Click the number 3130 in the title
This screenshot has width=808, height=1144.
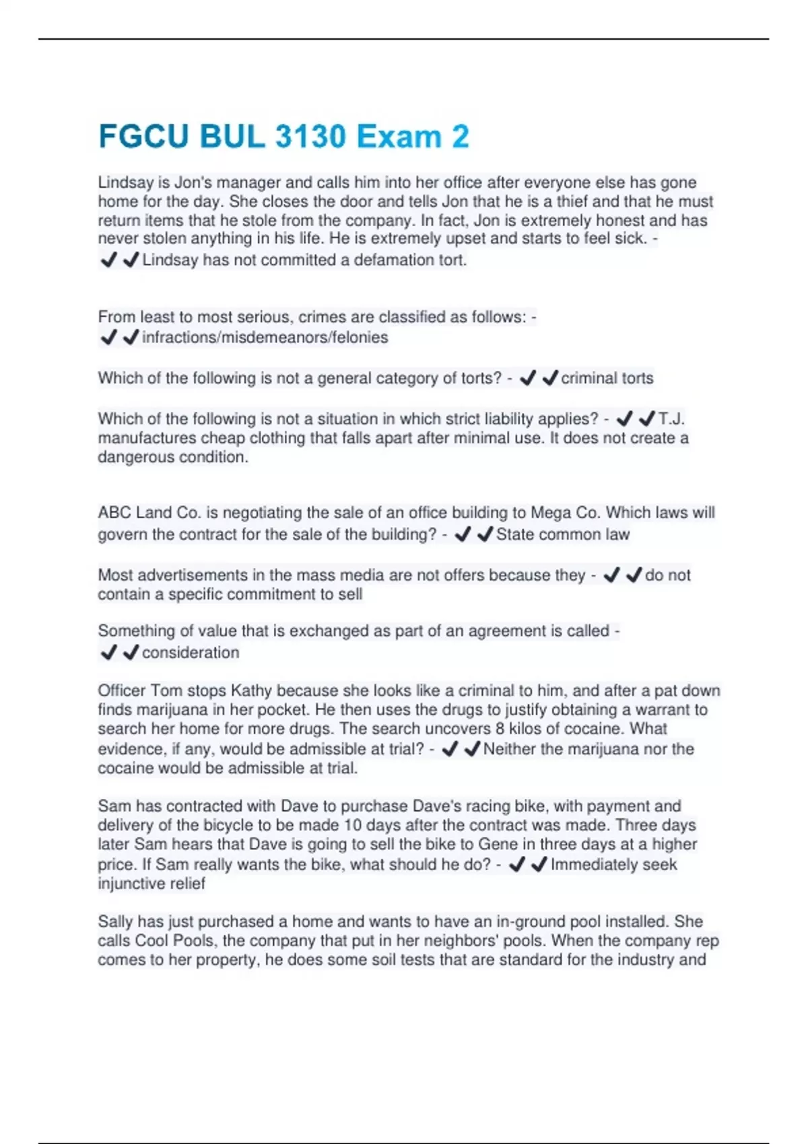coord(310,137)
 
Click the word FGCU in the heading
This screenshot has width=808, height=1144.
coord(144,137)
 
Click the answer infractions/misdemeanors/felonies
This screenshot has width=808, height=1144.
coord(265,338)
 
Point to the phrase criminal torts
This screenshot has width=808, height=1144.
coord(607,378)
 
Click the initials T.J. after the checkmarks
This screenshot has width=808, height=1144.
coord(671,419)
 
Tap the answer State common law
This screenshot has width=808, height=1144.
coord(562,535)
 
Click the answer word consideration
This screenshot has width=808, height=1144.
coord(191,653)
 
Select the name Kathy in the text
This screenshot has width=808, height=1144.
coord(251,691)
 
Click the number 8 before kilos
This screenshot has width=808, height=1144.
coord(500,729)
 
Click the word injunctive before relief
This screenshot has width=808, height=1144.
coord(131,884)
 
